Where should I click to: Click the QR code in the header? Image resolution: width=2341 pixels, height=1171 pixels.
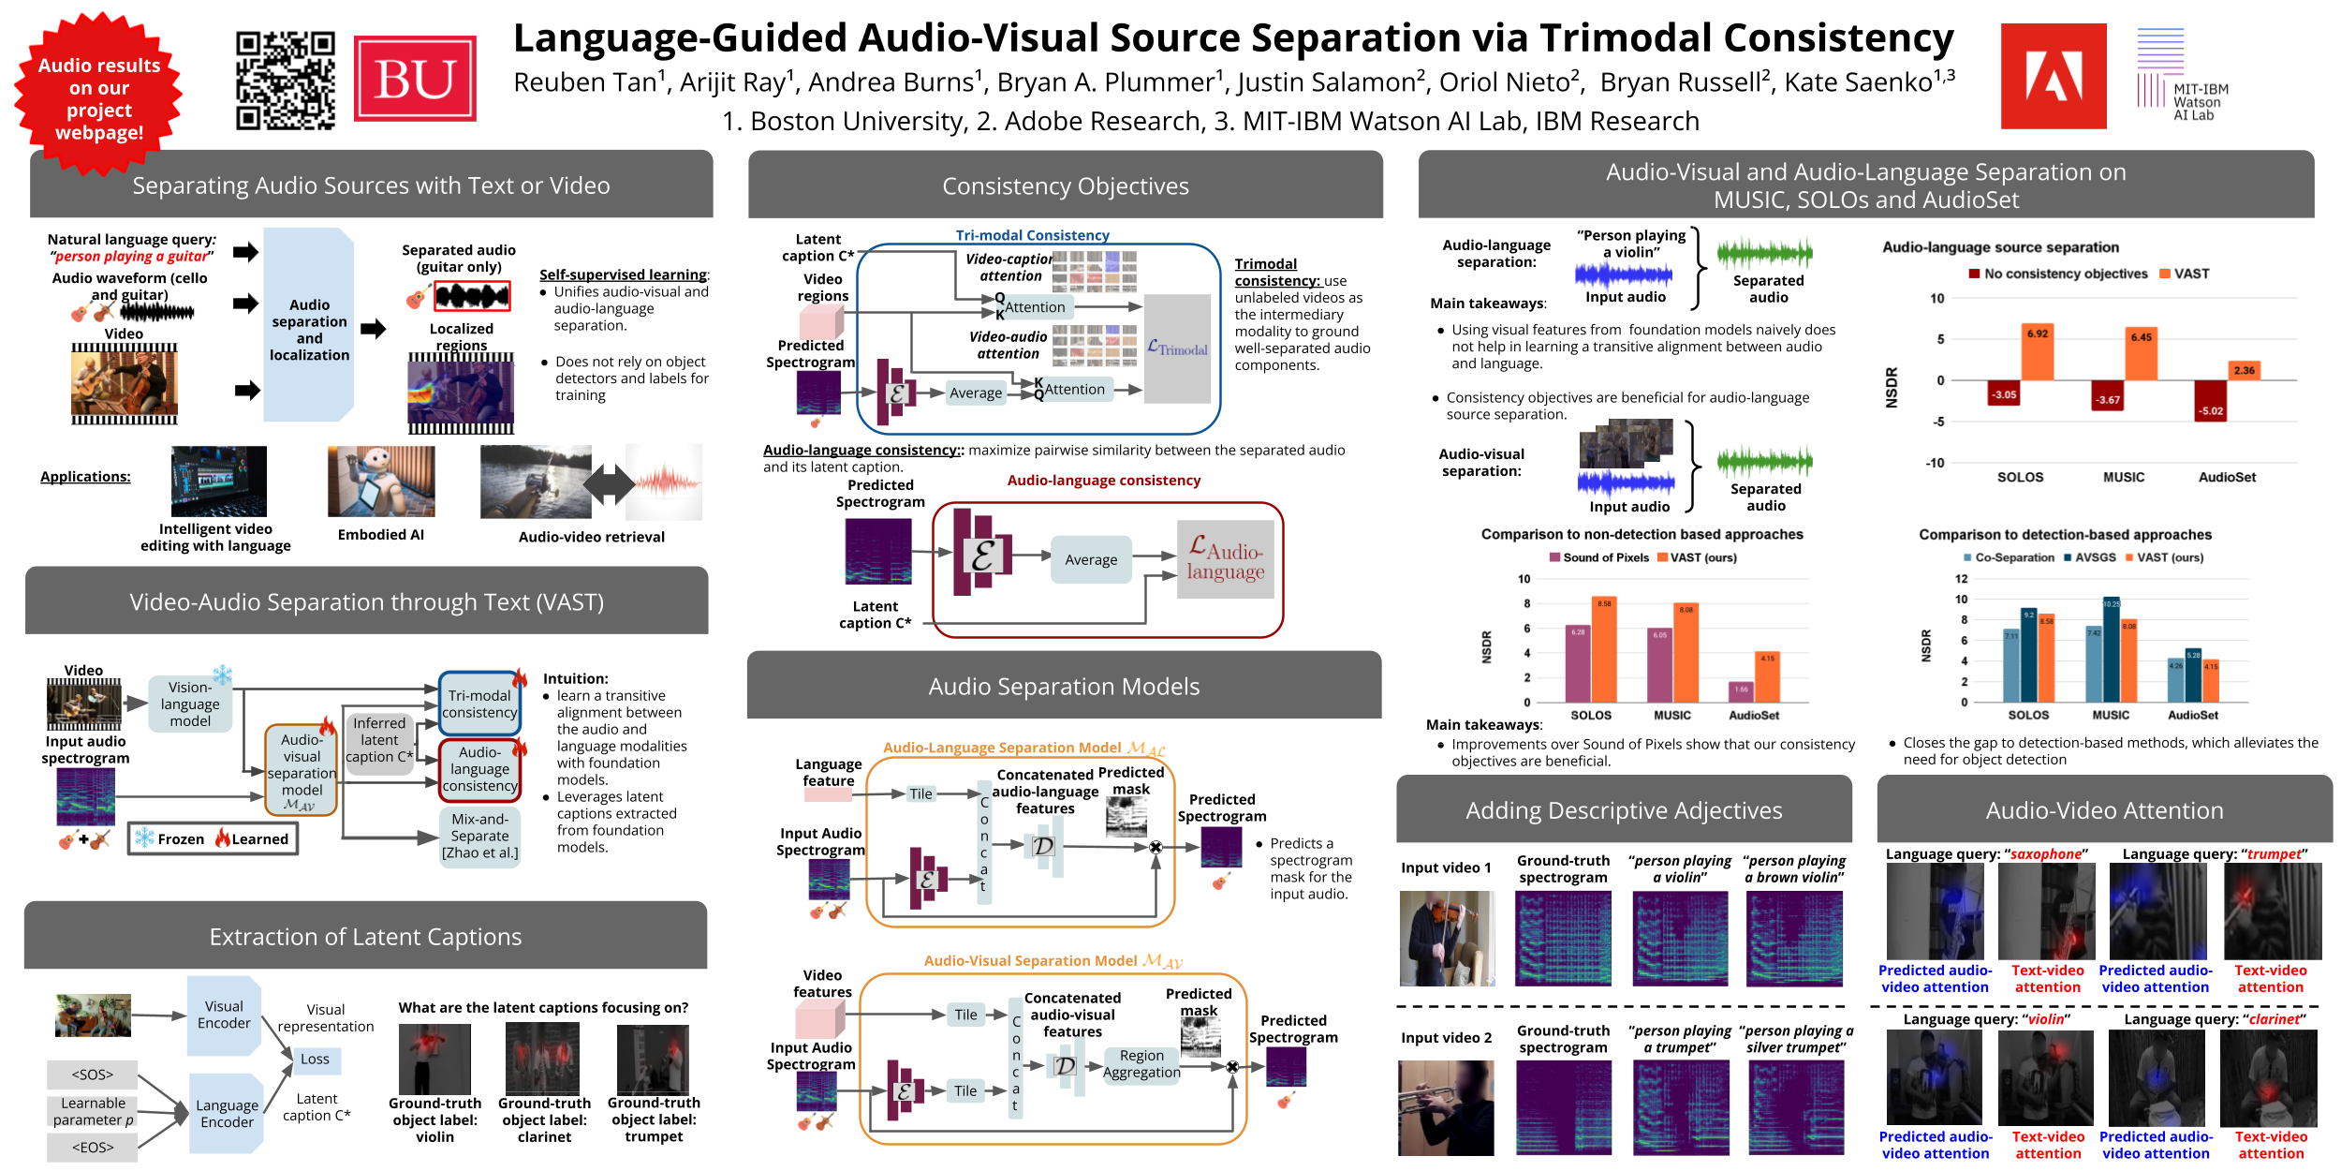(285, 80)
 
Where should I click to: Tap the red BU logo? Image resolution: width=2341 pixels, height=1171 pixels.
(415, 79)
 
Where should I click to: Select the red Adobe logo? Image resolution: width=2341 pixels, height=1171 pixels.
(2053, 76)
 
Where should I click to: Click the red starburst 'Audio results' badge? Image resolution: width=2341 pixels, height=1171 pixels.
(98, 96)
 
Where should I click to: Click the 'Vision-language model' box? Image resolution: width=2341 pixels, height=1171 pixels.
(190, 704)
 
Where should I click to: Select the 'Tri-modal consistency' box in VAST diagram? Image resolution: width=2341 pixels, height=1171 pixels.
(479, 704)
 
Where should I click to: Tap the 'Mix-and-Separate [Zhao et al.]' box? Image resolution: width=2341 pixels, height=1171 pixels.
(479, 836)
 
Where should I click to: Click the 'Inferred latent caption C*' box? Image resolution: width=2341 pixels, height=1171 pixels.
(379, 740)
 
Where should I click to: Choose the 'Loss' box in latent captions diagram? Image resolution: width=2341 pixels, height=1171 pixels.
(315, 1060)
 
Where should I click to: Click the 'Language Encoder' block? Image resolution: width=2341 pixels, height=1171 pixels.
(227, 1114)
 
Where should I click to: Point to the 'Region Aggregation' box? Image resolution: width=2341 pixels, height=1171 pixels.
(1141, 1064)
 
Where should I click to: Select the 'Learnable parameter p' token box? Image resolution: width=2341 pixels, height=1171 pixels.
(93, 1111)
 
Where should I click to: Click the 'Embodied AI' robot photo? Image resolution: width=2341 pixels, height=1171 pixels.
(381, 482)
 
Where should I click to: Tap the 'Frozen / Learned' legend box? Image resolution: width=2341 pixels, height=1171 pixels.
(213, 838)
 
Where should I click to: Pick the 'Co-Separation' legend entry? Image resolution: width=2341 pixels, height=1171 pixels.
(2009, 557)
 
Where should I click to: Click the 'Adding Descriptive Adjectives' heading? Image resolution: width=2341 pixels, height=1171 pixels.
(1624, 810)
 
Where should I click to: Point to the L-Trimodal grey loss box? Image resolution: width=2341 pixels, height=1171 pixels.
(1177, 348)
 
